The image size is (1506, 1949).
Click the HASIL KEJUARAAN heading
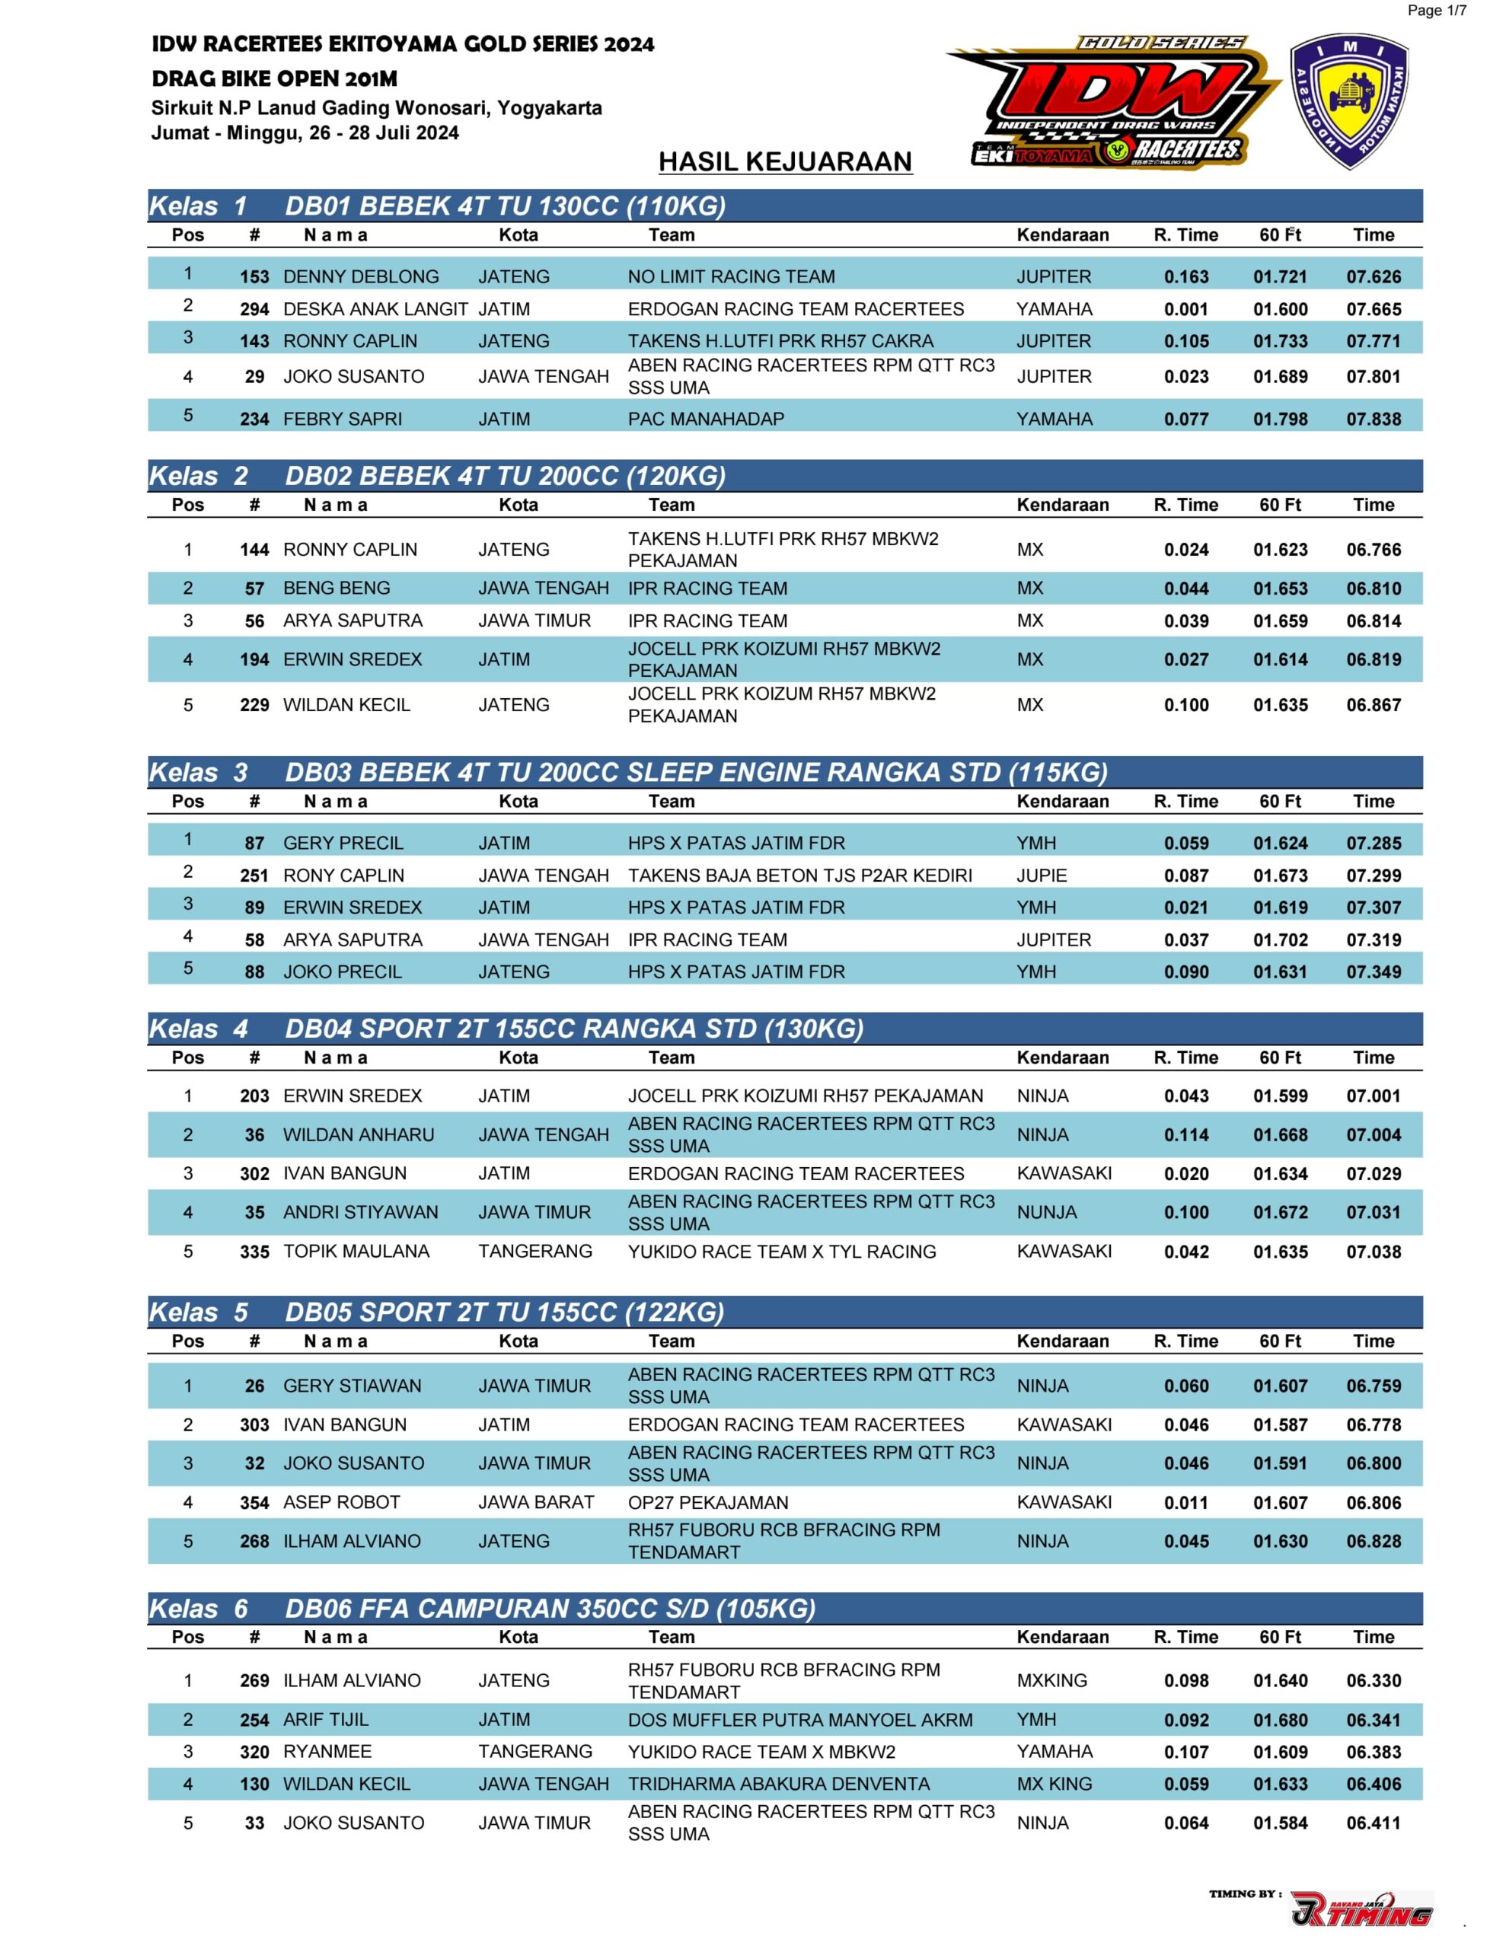click(x=785, y=161)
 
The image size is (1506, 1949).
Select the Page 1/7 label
click(x=1437, y=11)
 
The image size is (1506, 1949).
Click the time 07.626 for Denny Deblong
click(x=1373, y=276)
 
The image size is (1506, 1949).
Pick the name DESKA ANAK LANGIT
click(x=375, y=309)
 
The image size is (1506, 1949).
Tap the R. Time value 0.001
click(x=1185, y=309)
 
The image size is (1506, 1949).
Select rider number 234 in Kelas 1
click(x=254, y=419)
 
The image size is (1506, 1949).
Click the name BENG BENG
click(x=337, y=588)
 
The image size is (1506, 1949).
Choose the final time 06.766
click(x=1373, y=550)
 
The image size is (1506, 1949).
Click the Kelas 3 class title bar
click(x=783, y=772)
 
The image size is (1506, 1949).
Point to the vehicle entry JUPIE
click(x=1041, y=876)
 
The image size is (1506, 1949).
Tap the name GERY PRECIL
click(x=343, y=843)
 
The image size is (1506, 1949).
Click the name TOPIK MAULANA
click(x=356, y=1251)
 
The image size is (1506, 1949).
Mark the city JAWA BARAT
click(x=535, y=1502)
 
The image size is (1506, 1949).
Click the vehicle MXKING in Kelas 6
click(x=1051, y=1680)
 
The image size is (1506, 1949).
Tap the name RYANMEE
click(x=327, y=1751)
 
